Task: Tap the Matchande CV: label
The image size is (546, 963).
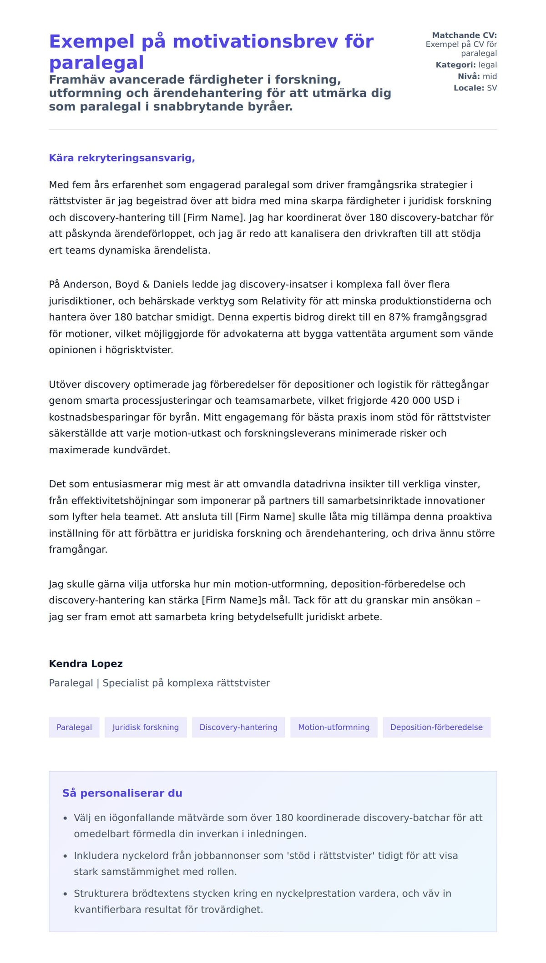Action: [464, 35]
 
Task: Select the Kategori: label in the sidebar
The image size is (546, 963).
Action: [455, 65]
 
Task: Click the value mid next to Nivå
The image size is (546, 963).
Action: [490, 76]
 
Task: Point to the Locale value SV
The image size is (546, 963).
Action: [492, 88]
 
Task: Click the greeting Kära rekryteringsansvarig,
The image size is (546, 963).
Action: [122, 158]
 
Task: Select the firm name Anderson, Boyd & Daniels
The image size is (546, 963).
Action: [126, 284]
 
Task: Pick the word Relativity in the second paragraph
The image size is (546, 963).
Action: [283, 301]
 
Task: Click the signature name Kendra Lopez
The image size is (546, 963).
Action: [86, 663]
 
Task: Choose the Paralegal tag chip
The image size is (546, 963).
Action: [74, 727]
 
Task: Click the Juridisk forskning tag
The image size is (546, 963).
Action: [146, 727]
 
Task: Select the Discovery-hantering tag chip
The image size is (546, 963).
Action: [238, 727]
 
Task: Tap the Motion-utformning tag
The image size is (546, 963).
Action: [334, 727]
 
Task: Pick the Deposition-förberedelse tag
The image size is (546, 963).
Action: [436, 727]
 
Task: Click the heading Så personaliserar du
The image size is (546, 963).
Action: [122, 793]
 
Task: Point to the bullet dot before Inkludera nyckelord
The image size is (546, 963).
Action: [65, 856]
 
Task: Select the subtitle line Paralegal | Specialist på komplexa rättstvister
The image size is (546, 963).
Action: [159, 683]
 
